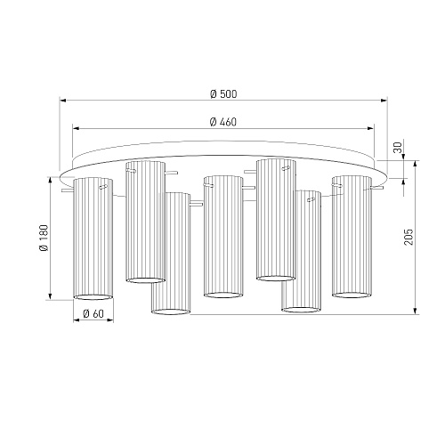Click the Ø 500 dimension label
point(223,94)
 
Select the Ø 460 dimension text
point(223,122)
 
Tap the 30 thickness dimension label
point(400,148)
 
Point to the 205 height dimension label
point(409,237)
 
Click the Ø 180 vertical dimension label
point(44,238)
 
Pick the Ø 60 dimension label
point(93,313)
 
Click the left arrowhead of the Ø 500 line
point(62,101)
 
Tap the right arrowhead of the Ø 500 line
point(384,101)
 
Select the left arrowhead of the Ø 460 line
point(76,128)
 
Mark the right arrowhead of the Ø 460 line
point(371,128)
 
